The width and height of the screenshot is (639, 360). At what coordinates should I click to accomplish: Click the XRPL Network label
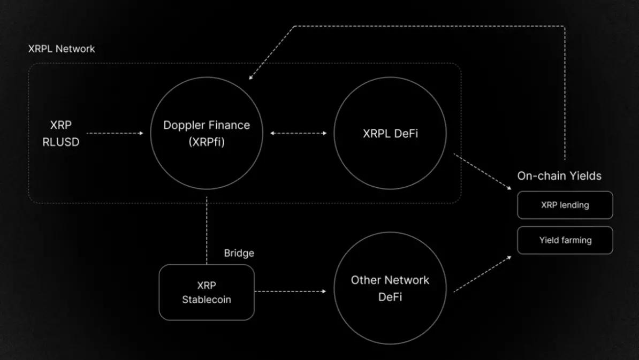pos(62,49)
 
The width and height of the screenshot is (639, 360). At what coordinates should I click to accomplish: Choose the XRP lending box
pos(565,205)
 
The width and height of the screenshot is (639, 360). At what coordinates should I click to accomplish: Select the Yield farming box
pos(565,240)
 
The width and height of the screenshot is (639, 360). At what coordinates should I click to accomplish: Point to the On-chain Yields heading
pos(559,176)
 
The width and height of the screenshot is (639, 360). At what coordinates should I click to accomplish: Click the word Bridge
pos(239,253)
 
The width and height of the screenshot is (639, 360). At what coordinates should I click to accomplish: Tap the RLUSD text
pos(61,142)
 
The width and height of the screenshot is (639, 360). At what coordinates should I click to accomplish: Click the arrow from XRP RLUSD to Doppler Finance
pos(115,133)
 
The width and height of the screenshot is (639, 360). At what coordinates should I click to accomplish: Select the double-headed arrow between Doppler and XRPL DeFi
pos(298,133)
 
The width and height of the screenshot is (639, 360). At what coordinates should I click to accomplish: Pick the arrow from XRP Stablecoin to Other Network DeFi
pos(290,292)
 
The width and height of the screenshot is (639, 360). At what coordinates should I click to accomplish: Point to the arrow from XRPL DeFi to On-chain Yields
pos(482,171)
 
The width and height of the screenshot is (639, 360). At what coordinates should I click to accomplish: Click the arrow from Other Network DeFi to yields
pos(482,274)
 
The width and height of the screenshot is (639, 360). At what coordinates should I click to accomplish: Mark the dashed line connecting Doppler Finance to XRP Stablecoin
pos(207,230)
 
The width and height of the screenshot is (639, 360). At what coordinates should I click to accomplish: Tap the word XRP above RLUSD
pos(61,125)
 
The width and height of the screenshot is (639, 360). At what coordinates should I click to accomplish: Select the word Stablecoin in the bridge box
pos(207,300)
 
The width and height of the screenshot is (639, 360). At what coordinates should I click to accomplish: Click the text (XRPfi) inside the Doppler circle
pos(207,142)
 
